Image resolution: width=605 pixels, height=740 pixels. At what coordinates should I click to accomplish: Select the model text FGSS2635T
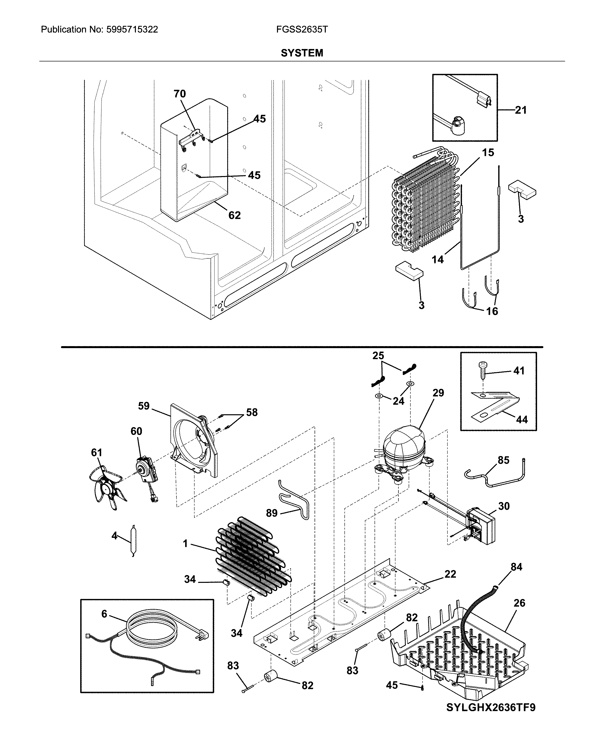tap(302, 30)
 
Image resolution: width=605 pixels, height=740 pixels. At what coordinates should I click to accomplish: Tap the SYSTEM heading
tap(302, 53)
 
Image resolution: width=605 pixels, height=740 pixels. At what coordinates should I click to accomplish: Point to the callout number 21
tap(521, 110)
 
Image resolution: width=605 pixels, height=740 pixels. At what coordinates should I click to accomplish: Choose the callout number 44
tap(522, 420)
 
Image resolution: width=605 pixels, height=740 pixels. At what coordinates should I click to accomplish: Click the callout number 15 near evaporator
tap(488, 152)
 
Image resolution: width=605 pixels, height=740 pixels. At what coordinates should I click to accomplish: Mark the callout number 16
tap(492, 311)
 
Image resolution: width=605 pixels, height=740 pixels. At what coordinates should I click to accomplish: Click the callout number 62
tap(234, 215)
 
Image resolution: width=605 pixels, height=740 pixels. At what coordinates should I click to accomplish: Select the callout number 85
tap(503, 460)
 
